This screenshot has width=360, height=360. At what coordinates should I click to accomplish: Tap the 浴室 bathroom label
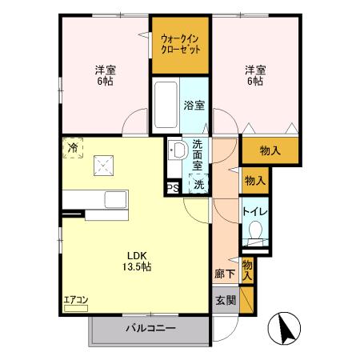click(x=194, y=105)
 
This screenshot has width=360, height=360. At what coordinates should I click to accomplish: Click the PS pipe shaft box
click(x=172, y=188)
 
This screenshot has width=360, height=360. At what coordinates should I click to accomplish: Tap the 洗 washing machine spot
click(x=197, y=182)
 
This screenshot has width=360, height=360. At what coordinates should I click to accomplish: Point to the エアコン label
click(x=77, y=301)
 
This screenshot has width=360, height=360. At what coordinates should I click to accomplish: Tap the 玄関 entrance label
click(x=225, y=302)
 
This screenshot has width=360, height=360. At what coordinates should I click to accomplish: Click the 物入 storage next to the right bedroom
click(x=270, y=150)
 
